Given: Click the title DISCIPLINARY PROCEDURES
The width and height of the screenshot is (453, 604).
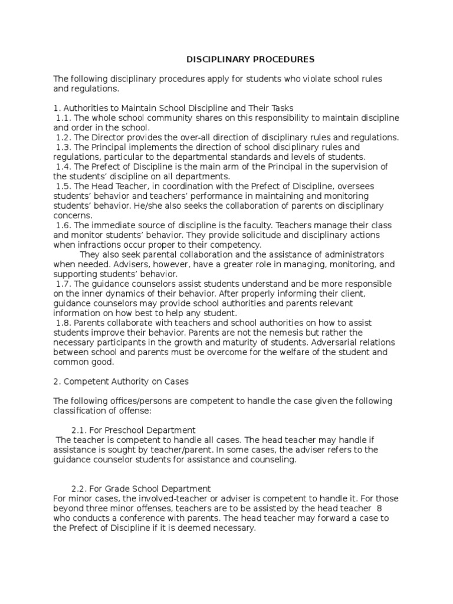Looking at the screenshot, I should [251, 60].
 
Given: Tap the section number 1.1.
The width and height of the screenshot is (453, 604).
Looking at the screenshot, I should [63, 117].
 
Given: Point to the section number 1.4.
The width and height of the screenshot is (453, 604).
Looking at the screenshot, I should [63, 166].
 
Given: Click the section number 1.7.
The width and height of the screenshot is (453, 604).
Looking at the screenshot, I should [63, 284].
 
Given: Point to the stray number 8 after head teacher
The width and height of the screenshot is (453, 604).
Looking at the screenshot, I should [386, 508].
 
